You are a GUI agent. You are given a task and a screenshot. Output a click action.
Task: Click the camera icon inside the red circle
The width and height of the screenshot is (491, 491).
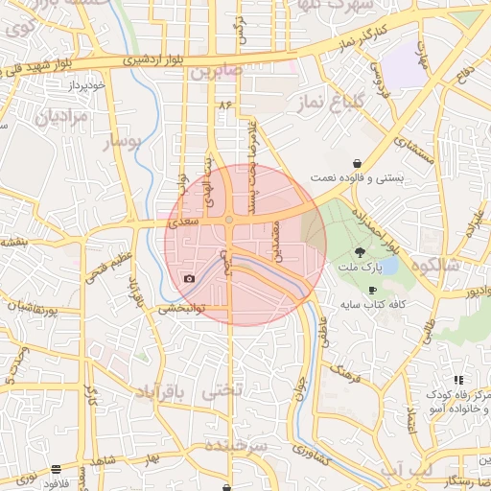189,279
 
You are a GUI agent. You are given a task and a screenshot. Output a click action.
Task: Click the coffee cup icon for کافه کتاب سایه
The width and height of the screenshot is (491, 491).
372,290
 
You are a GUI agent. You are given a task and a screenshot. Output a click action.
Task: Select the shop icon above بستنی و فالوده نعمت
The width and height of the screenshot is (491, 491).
357,164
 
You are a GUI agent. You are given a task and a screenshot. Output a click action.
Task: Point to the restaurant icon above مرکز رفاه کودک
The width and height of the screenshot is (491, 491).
458,381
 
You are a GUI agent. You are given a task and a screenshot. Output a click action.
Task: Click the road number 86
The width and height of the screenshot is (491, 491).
225,104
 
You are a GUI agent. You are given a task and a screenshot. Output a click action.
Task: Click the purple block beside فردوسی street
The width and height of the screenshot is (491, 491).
402,69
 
